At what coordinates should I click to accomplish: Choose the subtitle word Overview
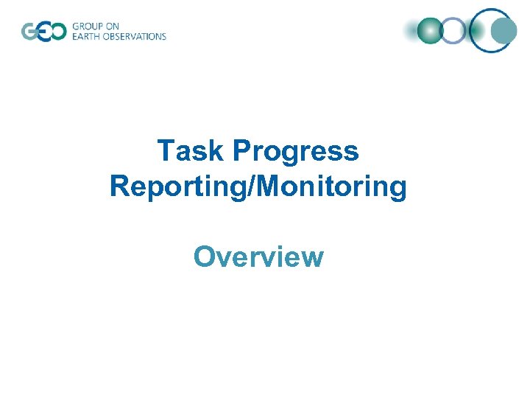pos(258,257)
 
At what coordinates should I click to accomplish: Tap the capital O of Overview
pos(204,257)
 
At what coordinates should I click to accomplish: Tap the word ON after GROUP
pos(113,27)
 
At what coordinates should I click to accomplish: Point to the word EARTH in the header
pos(86,36)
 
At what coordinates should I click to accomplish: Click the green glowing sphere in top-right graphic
pos(429,31)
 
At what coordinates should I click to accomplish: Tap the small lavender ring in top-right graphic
pos(454,31)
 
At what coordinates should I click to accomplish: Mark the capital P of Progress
pos(243,152)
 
